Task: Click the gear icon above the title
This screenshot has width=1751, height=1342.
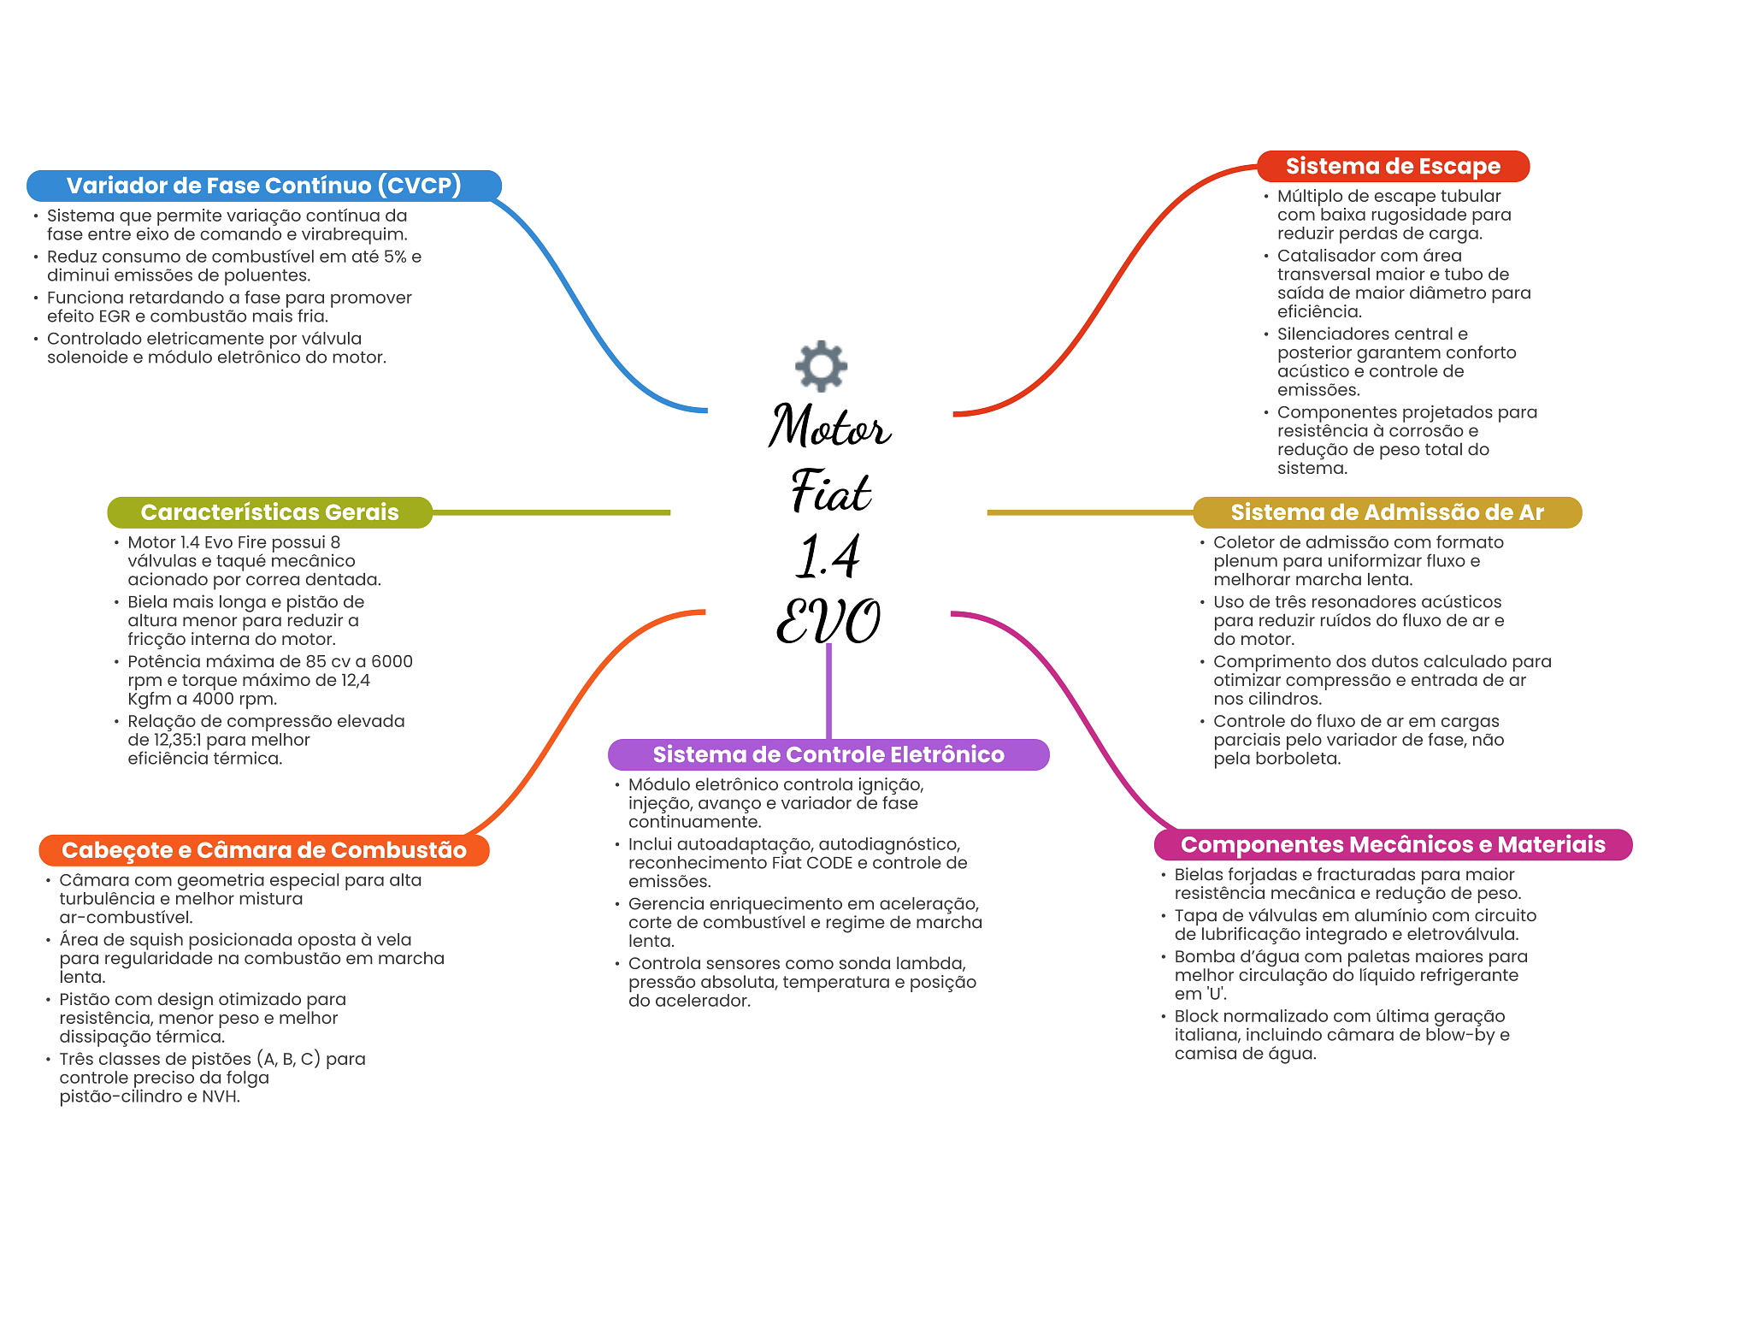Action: pos(821,366)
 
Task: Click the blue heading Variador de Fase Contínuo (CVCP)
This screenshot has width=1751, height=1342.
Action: pos(264,186)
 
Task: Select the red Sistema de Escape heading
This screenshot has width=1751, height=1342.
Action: pos(1393,166)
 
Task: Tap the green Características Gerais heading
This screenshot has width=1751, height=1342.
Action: pos(269,512)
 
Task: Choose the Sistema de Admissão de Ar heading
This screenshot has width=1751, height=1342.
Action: pos(1387,512)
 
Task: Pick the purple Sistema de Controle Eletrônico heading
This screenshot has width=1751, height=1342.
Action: pos(828,754)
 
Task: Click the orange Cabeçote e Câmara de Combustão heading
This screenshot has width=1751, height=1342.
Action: pos(264,850)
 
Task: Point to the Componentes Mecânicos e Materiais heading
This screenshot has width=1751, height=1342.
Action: pos(1393,845)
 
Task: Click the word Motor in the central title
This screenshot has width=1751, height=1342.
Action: pos(829,426)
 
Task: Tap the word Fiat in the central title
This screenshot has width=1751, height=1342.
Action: pos(830,490)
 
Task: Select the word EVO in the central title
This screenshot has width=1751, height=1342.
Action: pos(828,620)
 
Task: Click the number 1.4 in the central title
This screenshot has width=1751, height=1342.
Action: pos(828,556)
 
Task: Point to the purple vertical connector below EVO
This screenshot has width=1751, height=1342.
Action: pos(828,691)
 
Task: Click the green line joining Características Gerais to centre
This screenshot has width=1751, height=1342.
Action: pos(551,512)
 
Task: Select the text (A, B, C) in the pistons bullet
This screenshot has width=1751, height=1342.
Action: pos(288,1059)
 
